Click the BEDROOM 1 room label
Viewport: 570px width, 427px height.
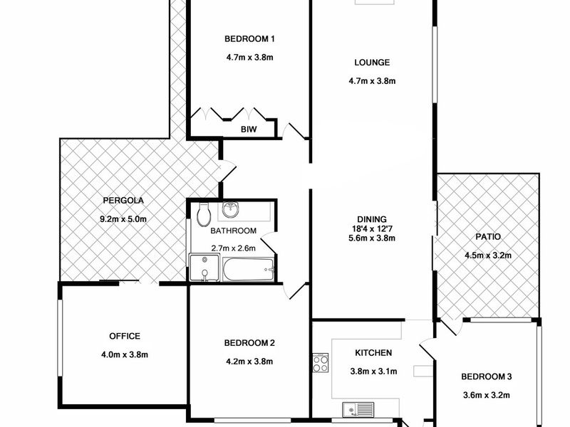(x=249, y=39)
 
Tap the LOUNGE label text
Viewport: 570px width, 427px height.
(x=372, y=63)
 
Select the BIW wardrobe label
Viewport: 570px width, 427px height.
(x=249, y=129)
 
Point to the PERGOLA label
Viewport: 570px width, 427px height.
(x=123, y=200)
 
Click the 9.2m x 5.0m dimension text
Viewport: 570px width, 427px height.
(x=123, y=219)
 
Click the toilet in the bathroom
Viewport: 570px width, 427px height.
(x=204, y=215)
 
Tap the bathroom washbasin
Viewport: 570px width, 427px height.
(x=229, y=209)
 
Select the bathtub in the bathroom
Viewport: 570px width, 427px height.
(x=248, y=270)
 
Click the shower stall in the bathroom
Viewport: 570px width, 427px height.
(x=204, y=268)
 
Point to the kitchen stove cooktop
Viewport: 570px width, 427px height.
(x=321, y=363)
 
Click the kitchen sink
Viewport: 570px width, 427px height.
(x=358, y=410)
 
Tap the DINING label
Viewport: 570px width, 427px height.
(x=372, y=219)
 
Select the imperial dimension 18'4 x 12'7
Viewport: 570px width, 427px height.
(x=372, y=228)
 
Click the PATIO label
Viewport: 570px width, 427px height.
(x=488, y=237)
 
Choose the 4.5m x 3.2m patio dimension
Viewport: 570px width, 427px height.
(x=488, y=255)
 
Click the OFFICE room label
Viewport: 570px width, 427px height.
(x=125, y=336)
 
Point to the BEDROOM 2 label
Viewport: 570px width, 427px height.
(x=249, y=343)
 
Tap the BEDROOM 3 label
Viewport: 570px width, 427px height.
(x=487, y=376)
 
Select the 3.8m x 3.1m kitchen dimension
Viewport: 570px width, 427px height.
(x=373, y=371)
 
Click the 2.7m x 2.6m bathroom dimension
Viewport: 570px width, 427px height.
(x=234, y=248)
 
